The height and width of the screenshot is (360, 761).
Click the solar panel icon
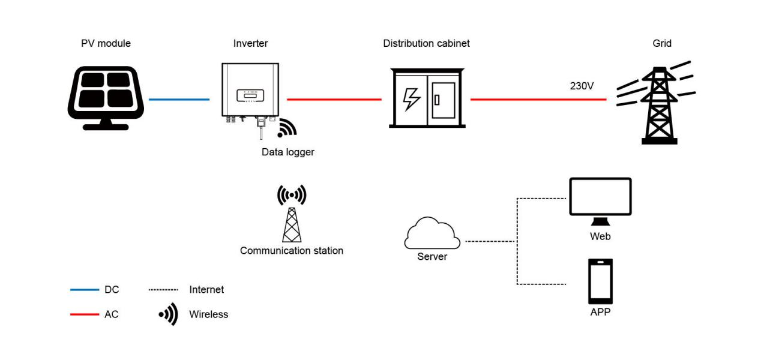pos(106,98)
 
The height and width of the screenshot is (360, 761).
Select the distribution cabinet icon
pos(427,98)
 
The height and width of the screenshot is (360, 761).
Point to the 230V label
pos(582,86)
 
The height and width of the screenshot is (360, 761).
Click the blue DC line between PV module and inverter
pos(179,99)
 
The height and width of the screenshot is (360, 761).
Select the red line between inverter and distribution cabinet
pos(334,99)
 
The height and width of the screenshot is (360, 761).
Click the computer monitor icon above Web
pos(600,197)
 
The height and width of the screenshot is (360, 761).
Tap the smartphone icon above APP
pos(600,281)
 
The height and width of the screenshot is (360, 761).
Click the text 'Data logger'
pos(287,152)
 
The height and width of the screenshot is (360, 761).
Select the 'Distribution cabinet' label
pos(426,43)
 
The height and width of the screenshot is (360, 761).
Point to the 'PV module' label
pos(106,43)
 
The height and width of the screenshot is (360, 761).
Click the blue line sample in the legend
pos(85,290)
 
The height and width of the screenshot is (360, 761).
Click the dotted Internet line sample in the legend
pos(163,290)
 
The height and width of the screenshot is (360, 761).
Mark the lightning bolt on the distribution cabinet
pos(412,99)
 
